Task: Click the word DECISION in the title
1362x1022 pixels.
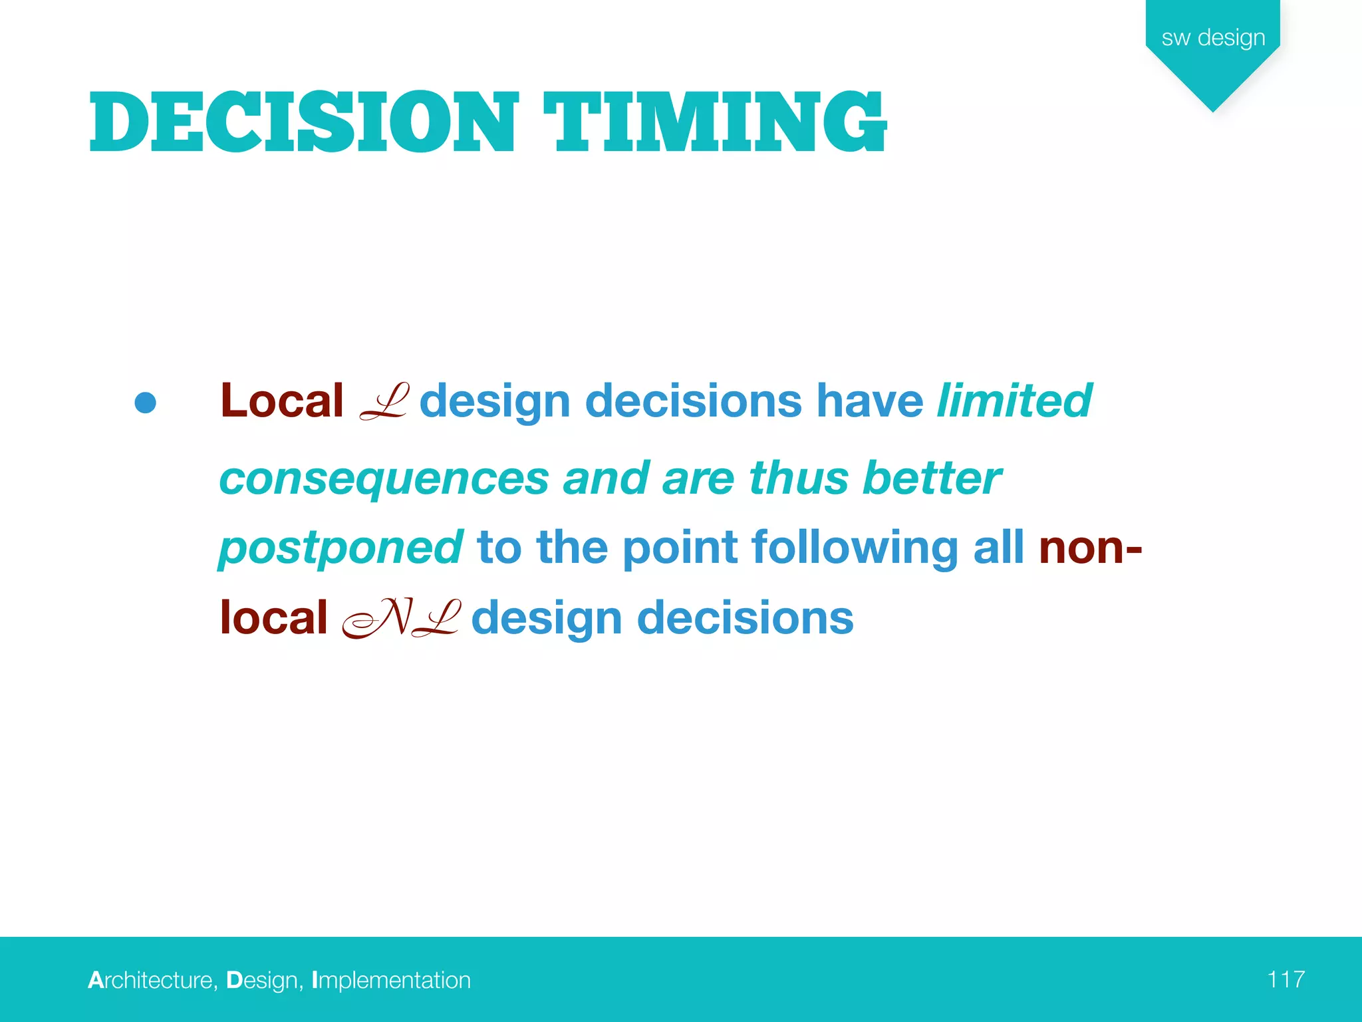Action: [303, 122]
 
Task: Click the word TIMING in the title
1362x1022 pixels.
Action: [715, 122]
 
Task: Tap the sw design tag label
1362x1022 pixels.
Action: [1213, 38]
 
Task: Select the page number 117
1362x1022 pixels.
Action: [1286, 979]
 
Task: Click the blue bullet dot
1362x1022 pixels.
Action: [145, 403]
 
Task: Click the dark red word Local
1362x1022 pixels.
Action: [282, 401]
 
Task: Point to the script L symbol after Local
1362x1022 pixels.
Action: [383, 401]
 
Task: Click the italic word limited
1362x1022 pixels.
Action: [1014, 401]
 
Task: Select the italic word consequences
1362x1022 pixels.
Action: [384, 479]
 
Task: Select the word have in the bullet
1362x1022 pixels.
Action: [869, 401]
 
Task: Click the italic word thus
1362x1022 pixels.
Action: [798, 479]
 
